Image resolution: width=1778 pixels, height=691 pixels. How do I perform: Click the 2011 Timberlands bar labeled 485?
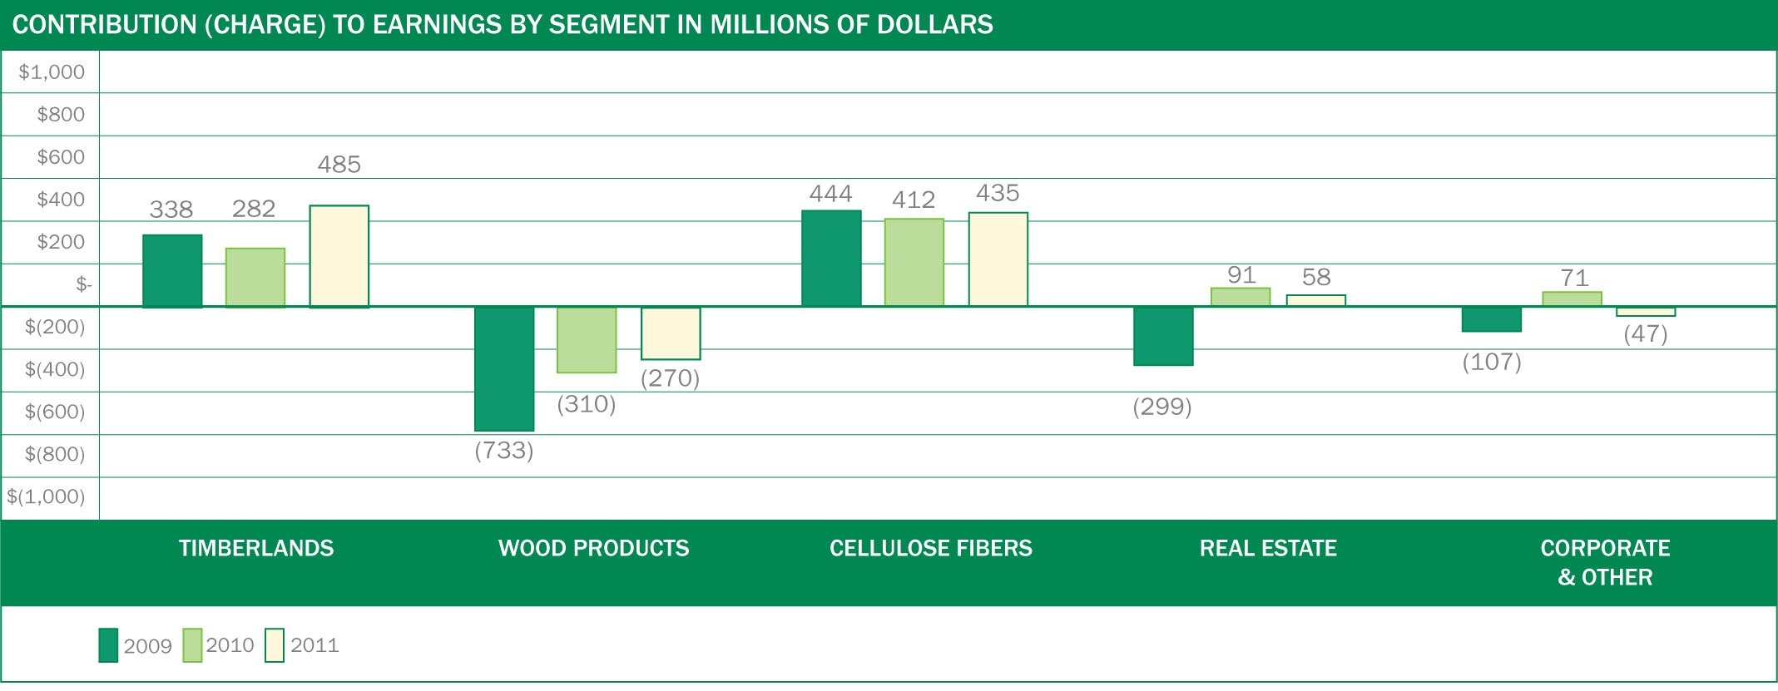pos(339,256)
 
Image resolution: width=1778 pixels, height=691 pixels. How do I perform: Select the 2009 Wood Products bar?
pos(504,368)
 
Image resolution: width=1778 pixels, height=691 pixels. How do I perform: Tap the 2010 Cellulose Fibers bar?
pos(914,262)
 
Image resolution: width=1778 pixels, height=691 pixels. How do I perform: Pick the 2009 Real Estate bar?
pos(1163,336)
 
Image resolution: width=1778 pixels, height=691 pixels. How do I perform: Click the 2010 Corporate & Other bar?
pos(1572,299)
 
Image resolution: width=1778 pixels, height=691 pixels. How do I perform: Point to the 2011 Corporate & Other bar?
pos(1646,312)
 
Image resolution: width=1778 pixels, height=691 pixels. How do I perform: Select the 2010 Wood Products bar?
pos(587,339)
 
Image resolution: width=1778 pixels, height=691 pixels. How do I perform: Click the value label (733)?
pos(504,451)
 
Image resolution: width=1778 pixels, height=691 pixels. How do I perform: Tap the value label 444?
pos(830,195)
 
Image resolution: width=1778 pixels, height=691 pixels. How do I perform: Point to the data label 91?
pos(1241,275)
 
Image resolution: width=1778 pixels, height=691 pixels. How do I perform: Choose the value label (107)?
pos(1492,362)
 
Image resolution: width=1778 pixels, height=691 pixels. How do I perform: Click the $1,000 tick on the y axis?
pos(52,72)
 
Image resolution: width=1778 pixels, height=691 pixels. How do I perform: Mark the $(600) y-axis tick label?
pos(55,412)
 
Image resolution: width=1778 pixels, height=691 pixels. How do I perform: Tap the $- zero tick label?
pos(83,284)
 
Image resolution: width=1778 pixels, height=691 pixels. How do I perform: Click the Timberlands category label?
pos(256,548)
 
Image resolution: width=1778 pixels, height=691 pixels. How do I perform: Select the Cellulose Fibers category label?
pos(930,548)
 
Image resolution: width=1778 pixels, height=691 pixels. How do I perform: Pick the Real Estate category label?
pos(1268,548)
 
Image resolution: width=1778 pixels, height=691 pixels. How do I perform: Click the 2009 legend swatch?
pos(108,645)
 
